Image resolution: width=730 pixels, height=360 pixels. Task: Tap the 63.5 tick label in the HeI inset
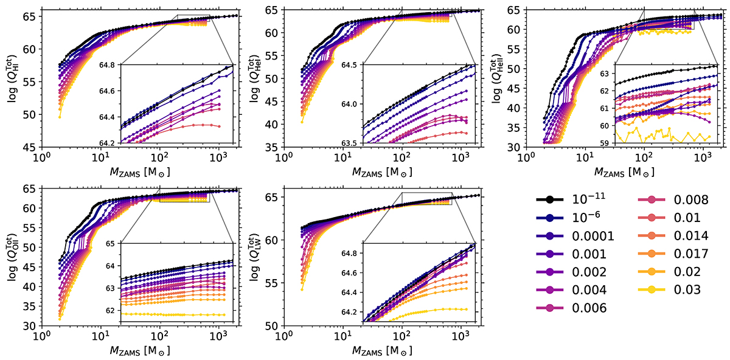pyautogui.click(x=352, y=143)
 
